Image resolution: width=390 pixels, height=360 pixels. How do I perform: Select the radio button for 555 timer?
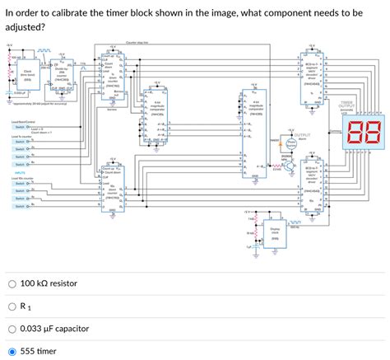[x=12, y=351]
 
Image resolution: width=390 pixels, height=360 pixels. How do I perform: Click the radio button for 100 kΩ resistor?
[x=12, y=283]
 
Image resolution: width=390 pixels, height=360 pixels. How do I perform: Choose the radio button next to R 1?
[x=12, y=306]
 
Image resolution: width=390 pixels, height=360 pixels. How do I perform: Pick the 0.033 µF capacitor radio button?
[x=12, y=329]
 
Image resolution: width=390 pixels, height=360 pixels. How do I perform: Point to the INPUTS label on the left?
[x=16, y=172]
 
